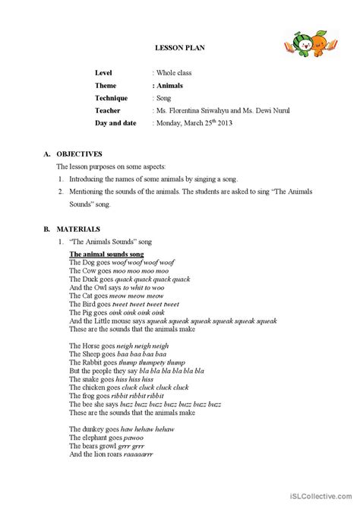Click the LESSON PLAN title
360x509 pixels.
click(179, 48)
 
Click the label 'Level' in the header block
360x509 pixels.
click(103, 72)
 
